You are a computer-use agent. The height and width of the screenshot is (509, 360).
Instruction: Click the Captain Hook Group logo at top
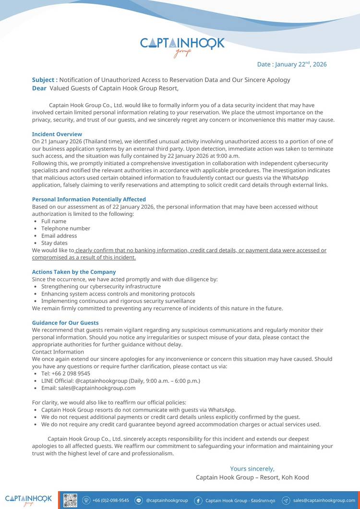pos(182,46)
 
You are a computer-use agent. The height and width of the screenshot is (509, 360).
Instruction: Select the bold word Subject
pos(44,80)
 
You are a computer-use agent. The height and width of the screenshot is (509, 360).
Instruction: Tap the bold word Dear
pos(39,88)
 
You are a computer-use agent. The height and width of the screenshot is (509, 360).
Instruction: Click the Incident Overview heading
pos(57,134)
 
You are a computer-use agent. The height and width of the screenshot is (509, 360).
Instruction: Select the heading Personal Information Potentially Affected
pos(89,199)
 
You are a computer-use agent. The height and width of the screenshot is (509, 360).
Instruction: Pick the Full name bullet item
pos(54,221)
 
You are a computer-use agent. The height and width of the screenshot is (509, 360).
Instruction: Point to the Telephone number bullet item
pos(66,228)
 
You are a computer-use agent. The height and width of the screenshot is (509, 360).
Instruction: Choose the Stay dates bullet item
pos(54,243)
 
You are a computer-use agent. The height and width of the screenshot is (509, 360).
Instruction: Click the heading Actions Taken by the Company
pos(74,272)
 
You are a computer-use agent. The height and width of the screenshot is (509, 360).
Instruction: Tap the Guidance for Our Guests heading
pos(65,323)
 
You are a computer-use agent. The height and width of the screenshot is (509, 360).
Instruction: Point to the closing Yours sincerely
pos(252,469)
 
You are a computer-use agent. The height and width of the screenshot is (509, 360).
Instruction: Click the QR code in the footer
pos(71,500)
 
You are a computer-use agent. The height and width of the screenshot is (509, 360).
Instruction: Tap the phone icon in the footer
pos(86,500)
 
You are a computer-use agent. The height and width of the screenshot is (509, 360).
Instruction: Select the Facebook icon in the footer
pos(198,500)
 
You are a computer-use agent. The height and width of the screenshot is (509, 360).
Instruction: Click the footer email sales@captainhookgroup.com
pos(324,500)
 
